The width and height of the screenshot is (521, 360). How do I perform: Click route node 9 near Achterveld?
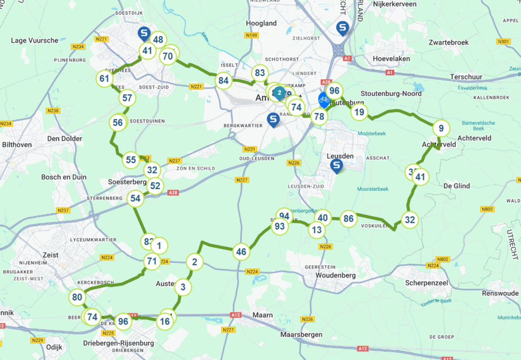(x=441, y=128)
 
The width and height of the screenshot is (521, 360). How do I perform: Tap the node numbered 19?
(x=360, y=112)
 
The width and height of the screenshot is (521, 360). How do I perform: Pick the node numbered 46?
(x=241, y=252)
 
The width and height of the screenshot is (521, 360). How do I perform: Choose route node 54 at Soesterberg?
(x=135, y=198)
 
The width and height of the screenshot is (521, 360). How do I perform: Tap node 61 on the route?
(x=104, y=79)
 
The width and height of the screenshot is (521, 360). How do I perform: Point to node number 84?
(x=223, y=80)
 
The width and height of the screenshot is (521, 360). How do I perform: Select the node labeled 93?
(x=280, y=226)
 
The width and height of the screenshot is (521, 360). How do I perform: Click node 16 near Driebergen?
(x=165, y=321)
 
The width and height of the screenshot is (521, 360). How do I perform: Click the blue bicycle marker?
(x=324, y=100)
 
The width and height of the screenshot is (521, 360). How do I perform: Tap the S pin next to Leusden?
(x=336, y=166)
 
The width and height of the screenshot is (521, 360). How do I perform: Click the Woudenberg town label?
(x=335, y=275)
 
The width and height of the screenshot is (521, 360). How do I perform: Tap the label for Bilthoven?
(x=17, y=145)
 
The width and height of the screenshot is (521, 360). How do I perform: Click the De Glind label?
(x=456, y=186)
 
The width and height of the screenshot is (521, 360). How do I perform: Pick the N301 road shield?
(x=504, y=41)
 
